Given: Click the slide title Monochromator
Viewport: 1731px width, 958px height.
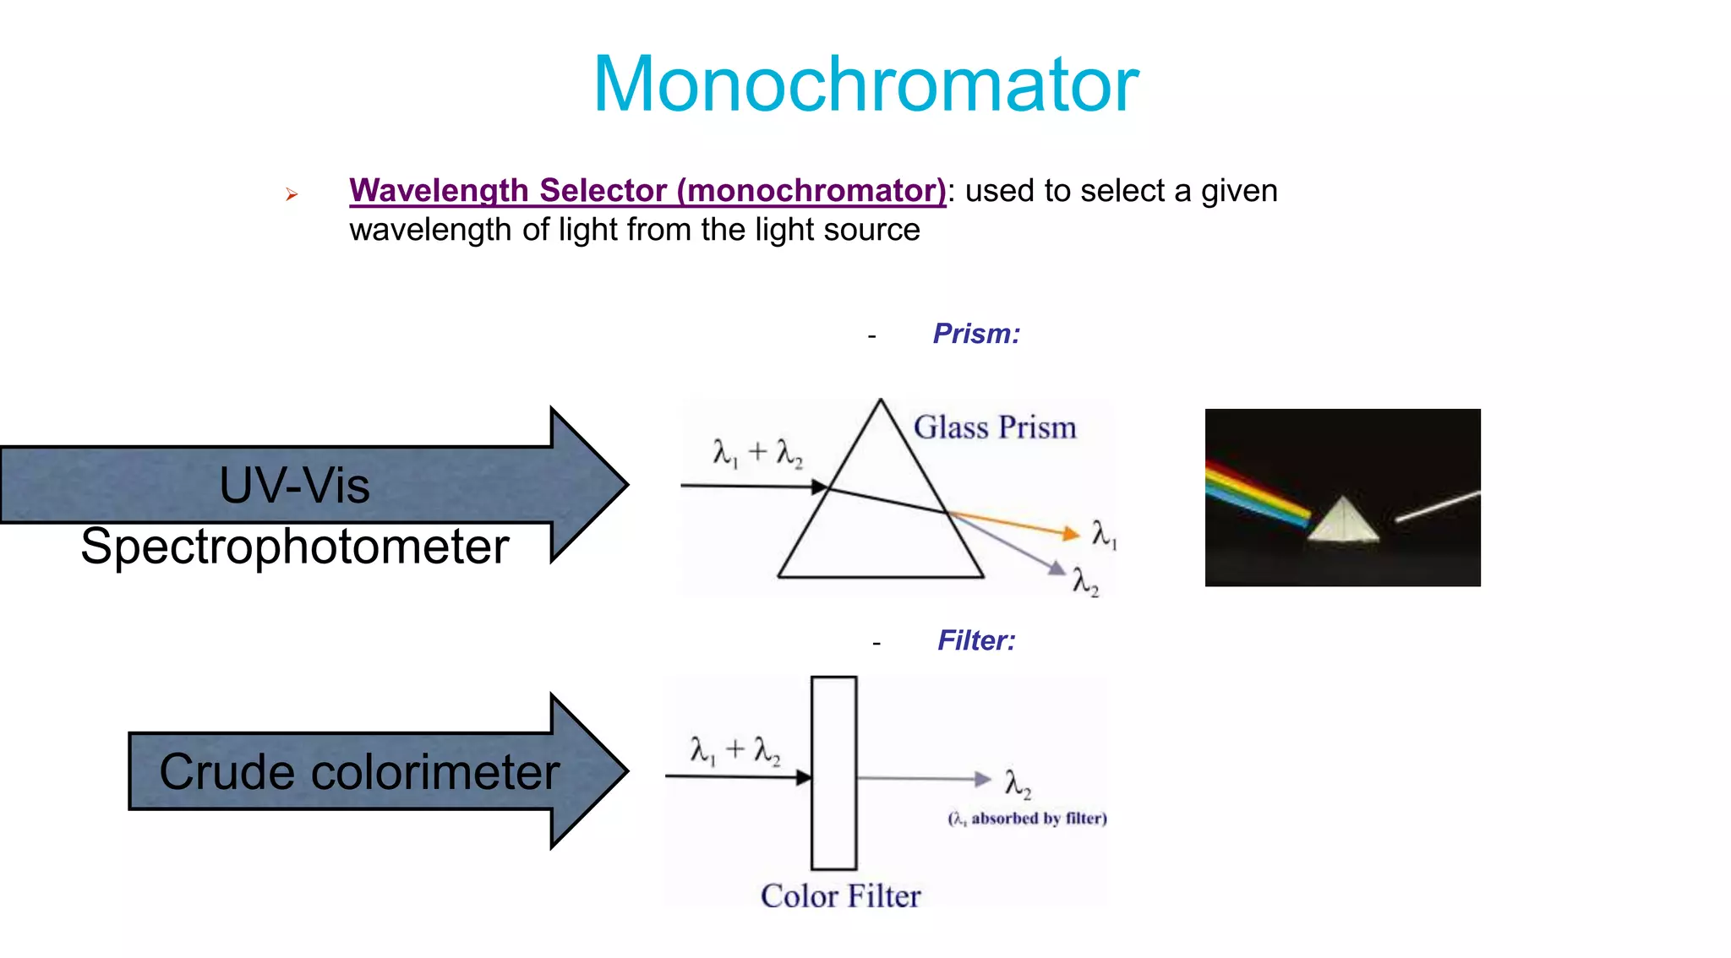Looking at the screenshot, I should [x=865, y=84].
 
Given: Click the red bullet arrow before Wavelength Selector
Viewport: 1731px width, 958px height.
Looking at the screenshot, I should [x=292, y=195].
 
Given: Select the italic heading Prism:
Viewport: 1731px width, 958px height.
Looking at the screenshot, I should [x=976, y=334].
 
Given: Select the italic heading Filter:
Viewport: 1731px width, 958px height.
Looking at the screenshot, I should [x=976, y=640].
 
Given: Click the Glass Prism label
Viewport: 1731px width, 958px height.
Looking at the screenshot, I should [x=995, y=427].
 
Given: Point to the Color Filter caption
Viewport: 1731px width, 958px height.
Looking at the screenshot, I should [x=840, y=895].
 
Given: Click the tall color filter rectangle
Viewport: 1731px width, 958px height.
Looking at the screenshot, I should [x=833, y=772].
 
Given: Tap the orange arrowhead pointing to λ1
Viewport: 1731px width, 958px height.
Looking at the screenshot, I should [x=1071, y=533].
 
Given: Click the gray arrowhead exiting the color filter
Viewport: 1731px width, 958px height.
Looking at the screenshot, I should [x=982, y=779].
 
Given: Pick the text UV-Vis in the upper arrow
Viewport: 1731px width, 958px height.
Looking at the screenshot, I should [x=294, y=486].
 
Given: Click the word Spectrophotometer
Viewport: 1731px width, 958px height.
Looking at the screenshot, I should [x=294, y=546].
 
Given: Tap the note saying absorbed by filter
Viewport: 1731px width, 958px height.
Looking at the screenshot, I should [x=1027, y=818].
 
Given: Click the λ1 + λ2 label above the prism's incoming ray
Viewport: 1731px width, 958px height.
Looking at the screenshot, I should [x=757, y=453].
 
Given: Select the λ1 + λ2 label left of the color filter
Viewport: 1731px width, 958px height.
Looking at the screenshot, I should [x=734, y=749].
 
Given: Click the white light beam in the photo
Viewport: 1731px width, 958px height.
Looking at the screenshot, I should [x=1437, y=505].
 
